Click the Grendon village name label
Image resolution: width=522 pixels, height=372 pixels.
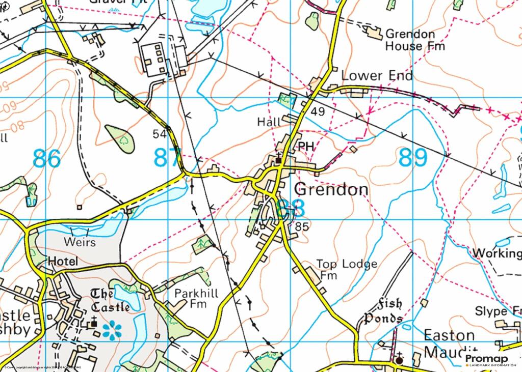tap(331, 189)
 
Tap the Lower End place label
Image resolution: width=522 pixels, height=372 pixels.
tap(376, 76)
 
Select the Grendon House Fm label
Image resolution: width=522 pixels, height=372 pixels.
tap(414, 40)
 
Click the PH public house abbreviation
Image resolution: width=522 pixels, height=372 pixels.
tap(305, 146)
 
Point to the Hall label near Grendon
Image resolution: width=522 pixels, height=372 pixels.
tap(269, 122)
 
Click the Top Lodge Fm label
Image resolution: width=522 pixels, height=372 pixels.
tap(347, 270)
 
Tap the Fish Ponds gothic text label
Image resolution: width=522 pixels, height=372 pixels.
tap(383, 311)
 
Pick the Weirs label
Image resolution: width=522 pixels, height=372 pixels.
tap(80, 242)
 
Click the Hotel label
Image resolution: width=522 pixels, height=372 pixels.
tap(63, 262)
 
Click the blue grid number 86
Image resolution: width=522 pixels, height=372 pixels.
tap(46, 159)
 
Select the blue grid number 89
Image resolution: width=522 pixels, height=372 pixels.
tap(412, 158)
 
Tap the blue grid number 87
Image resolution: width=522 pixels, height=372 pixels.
tap(167, 158)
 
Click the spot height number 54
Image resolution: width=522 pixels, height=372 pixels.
tap(160, 134)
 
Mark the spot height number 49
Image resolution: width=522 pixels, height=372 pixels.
tap(318, 111)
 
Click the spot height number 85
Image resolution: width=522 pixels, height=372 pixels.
tap(302, 226)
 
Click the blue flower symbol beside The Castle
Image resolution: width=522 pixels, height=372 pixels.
tap(112, 330)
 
